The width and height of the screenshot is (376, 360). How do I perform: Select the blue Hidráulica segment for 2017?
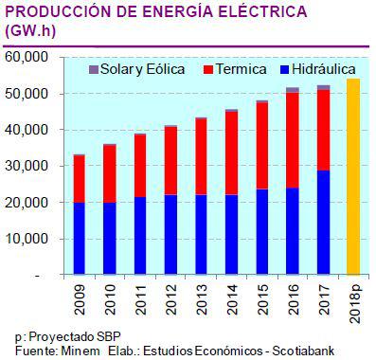324,223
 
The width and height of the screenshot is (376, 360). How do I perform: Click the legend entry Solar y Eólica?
128,70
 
